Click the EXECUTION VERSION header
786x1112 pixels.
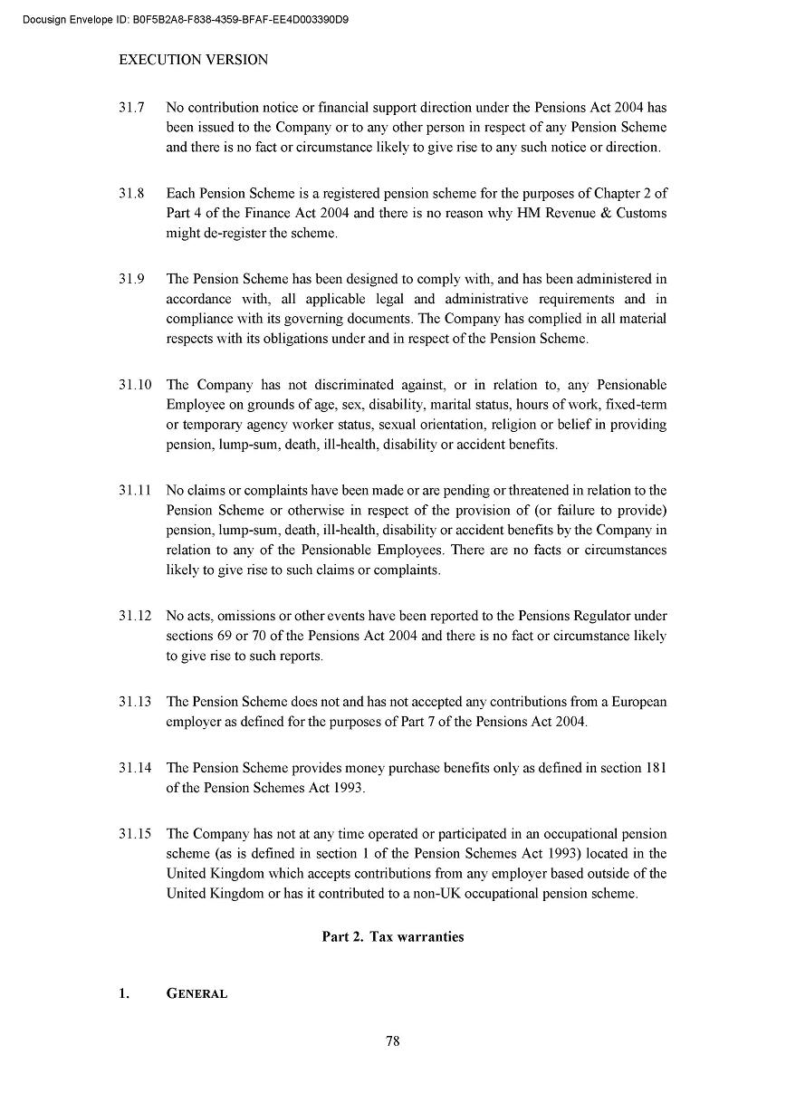(x=194, y=60)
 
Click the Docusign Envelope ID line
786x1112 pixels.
(x=186, y=19)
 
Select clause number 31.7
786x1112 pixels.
(x=131, y=108)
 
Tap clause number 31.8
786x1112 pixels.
(x=131, y=194)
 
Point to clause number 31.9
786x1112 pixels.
(x=131, y=279)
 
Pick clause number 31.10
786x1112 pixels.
(x=134, y=385)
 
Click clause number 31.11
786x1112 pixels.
(x=134, y=491)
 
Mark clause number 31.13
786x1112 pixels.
(x=134, y=702)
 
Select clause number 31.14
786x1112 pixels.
(x=134, y=768)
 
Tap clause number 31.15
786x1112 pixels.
(x=134, y=834)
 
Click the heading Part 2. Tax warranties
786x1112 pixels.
(x=392, y=937)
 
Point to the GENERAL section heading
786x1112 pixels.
(x=196, y=994)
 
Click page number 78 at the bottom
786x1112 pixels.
(x=392, y=1041)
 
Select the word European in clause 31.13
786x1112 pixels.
(x=639, y=702)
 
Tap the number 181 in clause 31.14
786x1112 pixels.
(x=656, y=768)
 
